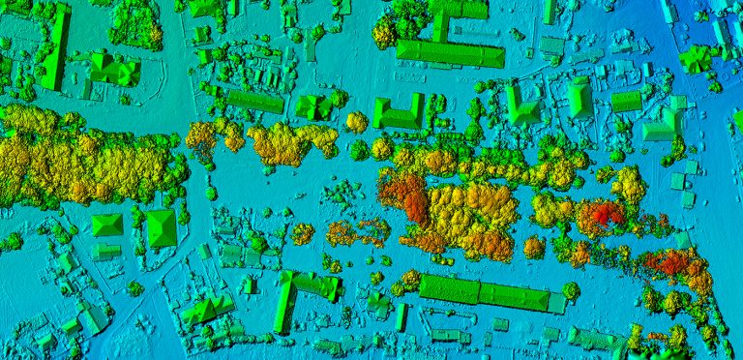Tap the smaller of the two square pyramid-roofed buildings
point(106,225)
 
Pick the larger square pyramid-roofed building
point(161,228)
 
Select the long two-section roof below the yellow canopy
point(484,293)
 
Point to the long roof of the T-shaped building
point(450,53)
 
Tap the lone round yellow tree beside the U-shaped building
point(357,122)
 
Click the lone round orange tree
point(533,248)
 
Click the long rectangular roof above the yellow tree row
point(255,100)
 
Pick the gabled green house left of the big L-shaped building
point(206,309)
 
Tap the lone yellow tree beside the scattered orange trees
point(303,233)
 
